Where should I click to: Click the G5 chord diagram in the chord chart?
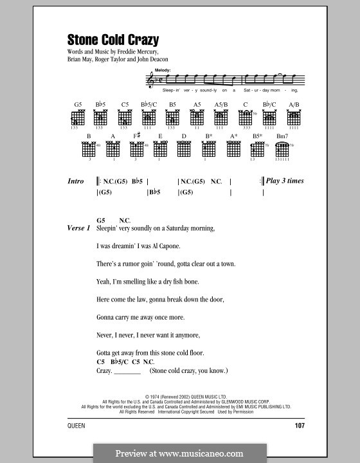coord(78,118)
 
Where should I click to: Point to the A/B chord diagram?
coord(294,118)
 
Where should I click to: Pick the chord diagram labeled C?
coord(245,118)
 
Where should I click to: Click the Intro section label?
coord(76,181)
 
